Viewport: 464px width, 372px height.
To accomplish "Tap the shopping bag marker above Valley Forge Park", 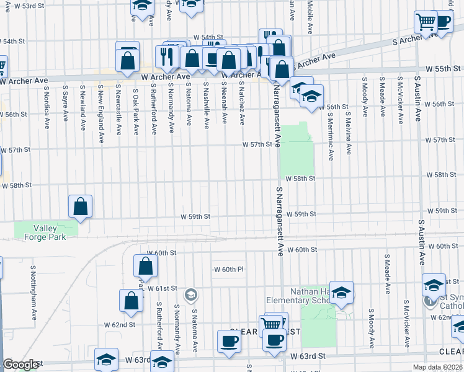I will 81,206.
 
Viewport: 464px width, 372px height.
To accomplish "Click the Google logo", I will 20,365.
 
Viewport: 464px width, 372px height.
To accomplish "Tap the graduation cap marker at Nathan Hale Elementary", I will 341,293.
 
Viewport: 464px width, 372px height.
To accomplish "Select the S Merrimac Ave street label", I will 330,133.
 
